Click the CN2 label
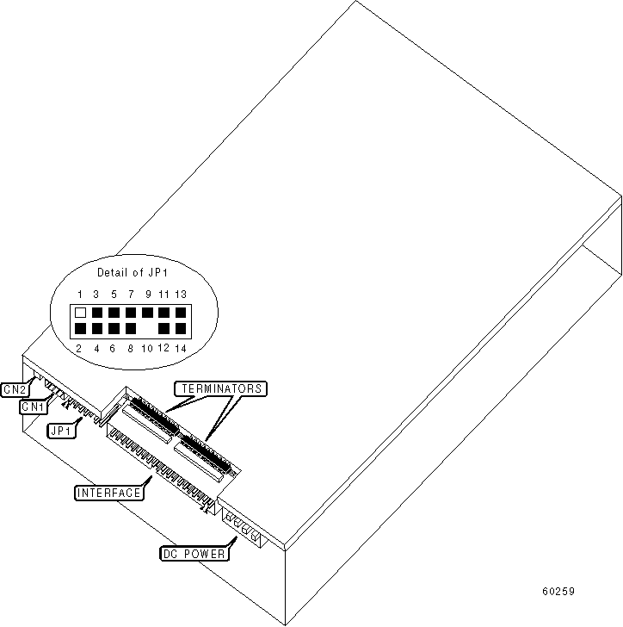coord(15,389)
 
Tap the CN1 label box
coord(34,406)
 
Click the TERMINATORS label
coord(220,389)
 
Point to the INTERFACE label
coord(108,493)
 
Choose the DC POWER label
coord(194,554)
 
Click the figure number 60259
coord(558,592)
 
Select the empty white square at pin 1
coord(80,313)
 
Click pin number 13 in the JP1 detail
coord(181,295)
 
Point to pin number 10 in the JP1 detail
coord(146,348)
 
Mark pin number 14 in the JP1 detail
coord(181,348)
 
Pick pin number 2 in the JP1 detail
coord(80,348)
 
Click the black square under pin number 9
coord(147,313)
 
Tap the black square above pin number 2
coord(80,328)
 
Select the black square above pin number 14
coord(181,328)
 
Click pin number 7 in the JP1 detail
coord(130,295)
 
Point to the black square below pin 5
coord(114,313)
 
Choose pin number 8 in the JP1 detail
coord(130,348)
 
